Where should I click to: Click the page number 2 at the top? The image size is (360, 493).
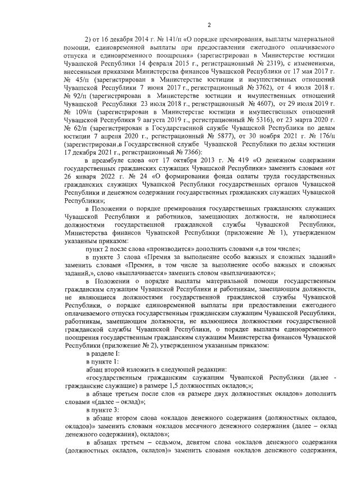point(208,25)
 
